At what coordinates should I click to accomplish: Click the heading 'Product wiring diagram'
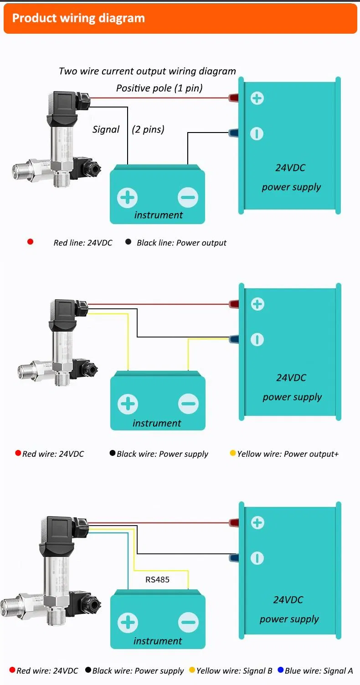point(78,18)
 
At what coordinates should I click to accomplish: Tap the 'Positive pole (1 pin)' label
point(159,88)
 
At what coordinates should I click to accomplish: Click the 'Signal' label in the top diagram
point(106,129)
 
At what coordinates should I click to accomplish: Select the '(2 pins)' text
point(148,129)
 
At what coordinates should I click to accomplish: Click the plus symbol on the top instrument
point(127,198)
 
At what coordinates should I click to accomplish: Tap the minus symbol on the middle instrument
point(188,404)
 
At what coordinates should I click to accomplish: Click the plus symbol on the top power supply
point(257,98)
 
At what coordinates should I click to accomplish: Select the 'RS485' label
point(157,580)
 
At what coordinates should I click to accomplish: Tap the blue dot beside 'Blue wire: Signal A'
point(281,670)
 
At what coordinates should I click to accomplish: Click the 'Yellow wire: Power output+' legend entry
point(288,454)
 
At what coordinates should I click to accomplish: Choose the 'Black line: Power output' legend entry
point(181,243)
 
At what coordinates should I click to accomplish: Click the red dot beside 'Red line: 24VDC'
point(30,242)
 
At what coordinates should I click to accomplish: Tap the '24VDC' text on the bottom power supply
point(288,600)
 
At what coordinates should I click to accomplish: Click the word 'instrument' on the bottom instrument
point(158,641)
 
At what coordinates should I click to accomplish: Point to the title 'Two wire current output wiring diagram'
point(147,71)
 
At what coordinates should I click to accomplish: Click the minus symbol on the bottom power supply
point(257,558)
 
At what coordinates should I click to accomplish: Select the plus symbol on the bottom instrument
point(128,623)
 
